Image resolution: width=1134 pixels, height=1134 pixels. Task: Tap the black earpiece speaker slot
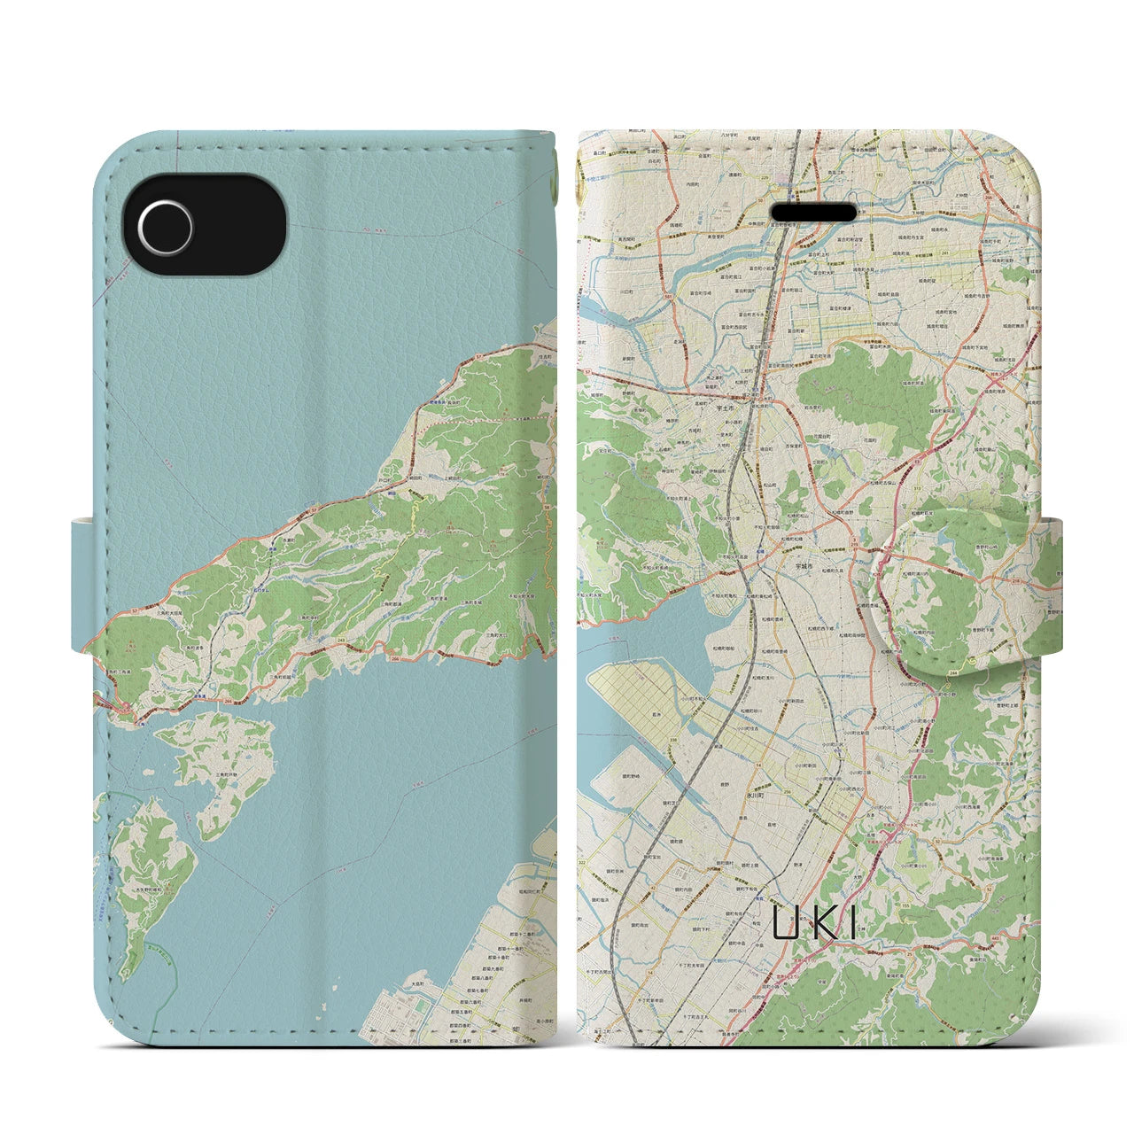[814, 214]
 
